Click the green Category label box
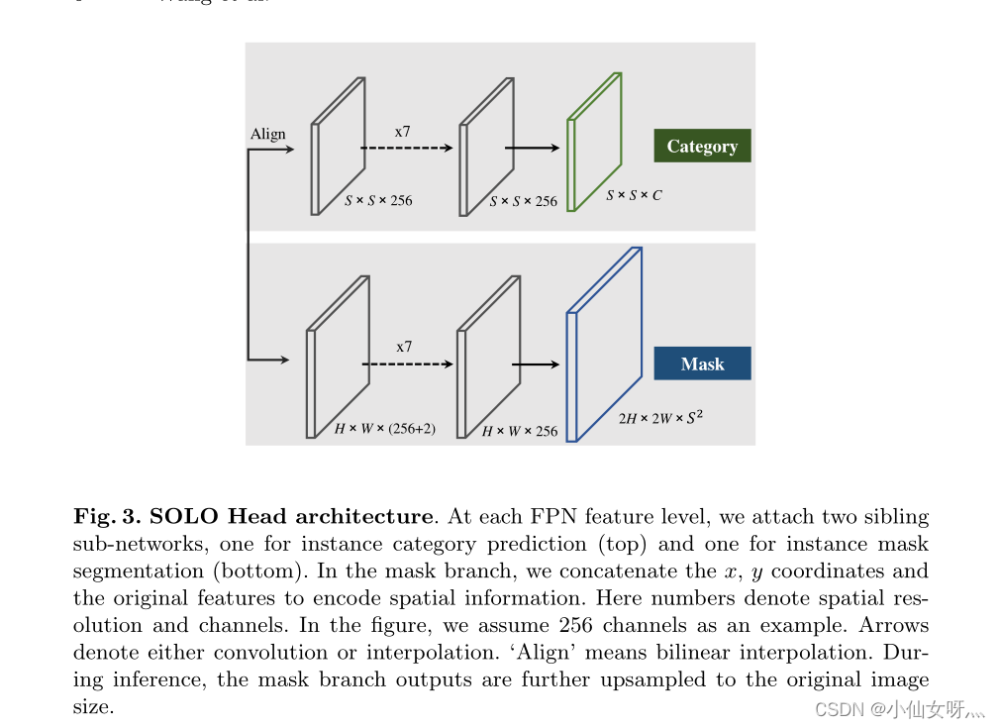point(702,146)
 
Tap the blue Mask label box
point(702,364)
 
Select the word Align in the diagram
point(267,134)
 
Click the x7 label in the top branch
point(403,131)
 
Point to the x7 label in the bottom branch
point(404,347)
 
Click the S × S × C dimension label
point(634,195)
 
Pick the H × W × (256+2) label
point(385,429)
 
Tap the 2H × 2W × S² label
point(661,417)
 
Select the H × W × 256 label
point(520,431)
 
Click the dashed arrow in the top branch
point(406,149)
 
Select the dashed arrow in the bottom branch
point(407,364)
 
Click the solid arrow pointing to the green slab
point(532,149)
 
